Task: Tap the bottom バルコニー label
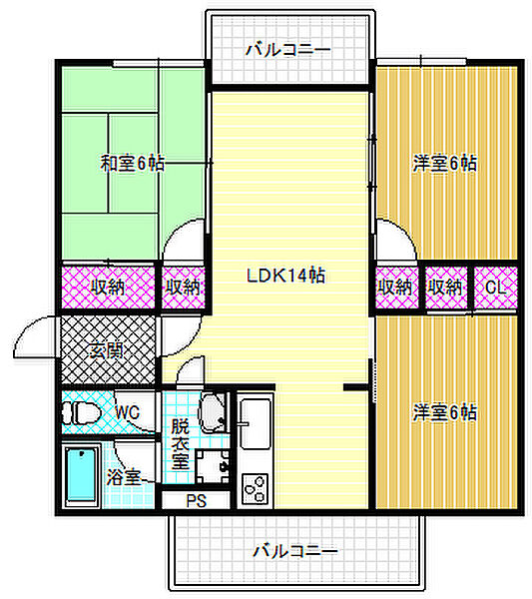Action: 294,550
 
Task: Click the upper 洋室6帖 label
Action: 444,164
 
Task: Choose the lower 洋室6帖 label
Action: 444,410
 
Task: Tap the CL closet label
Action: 495,288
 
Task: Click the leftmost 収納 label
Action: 110,288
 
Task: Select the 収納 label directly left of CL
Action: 446,288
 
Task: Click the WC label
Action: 127,410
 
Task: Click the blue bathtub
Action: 80,477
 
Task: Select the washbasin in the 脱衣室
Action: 213,409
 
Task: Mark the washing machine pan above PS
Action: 212,465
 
